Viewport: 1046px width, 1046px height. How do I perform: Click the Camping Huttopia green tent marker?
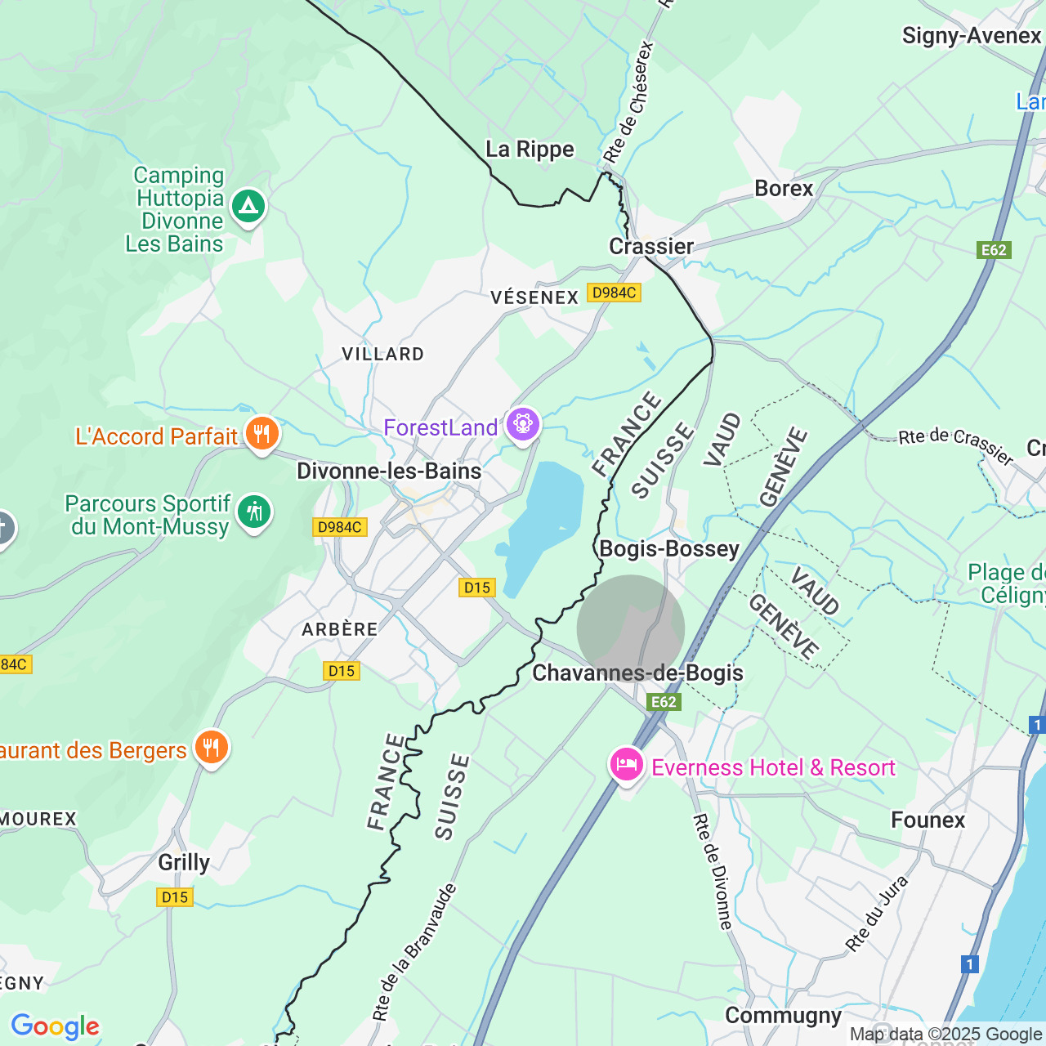[x=248, y=206]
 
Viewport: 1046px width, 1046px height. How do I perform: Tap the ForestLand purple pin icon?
[x=523, y=424]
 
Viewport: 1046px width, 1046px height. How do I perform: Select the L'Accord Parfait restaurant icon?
[x=261, y=434]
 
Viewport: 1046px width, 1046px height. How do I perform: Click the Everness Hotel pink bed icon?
[x=627, y=765]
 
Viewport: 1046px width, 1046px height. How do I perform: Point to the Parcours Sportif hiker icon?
[x=254, y=512]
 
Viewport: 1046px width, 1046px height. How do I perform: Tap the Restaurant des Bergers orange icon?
[x=212, y=747]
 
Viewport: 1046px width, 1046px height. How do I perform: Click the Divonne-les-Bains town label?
[x=389, y=472]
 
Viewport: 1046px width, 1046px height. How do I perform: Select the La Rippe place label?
[x=530, y=150]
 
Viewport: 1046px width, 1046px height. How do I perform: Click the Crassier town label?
[x=651, y=246]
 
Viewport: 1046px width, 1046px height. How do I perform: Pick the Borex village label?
[x=784, y=189]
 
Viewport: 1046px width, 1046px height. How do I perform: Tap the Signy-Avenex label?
[x=971, y=36]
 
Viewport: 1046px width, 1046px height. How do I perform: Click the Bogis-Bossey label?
[x=669, y=549]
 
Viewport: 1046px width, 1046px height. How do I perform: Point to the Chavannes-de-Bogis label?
[x=637, y=673]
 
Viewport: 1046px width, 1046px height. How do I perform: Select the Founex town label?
[x=928, y=820]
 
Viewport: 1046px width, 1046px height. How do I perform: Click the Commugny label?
[x=783, y=1016]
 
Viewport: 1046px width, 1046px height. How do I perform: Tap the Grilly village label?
[x=184, y=862]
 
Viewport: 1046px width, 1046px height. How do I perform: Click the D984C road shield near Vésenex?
[x=614, y=293]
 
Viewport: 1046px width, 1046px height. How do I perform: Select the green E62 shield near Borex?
[x=994, y=250]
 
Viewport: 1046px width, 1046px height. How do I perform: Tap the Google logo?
[x=55, y=1026]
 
